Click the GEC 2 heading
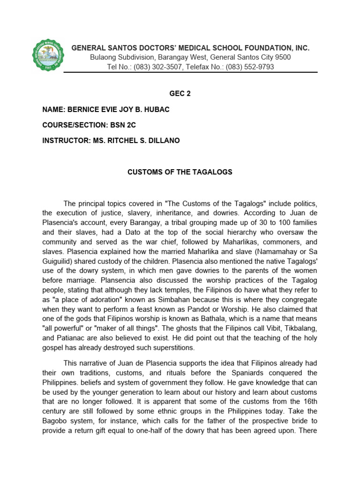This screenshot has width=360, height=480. (x=180, y=94)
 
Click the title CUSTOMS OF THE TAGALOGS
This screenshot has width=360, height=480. (x=180, y=172)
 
